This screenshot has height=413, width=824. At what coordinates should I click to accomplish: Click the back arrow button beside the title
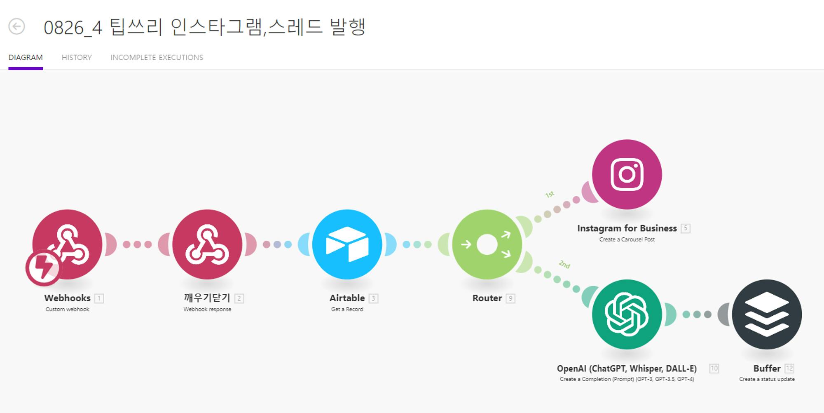point(17,27)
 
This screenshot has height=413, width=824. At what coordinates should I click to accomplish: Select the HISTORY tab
point(77,58)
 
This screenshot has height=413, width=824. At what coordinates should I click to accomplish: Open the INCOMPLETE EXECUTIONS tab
point(157,58)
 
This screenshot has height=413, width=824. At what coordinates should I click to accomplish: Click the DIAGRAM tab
point(26,58)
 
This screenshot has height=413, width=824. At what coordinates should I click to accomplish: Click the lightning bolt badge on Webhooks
point(43,268)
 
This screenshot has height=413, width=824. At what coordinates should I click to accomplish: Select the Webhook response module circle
point(207,244)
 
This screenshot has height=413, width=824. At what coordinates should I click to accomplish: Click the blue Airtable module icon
point(347,244)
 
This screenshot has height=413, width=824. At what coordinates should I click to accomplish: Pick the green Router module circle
point(487,244)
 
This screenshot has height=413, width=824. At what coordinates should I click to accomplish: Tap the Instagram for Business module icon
point(627,174)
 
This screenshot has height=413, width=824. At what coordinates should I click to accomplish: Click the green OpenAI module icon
point(627,314)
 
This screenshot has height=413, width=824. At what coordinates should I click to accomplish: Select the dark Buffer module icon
point(767,314)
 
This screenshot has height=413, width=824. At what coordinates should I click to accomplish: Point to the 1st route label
point(550,194)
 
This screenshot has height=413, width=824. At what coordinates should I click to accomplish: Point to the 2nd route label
point(564,264)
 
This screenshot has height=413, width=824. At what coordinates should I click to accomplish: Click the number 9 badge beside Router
point(510,298)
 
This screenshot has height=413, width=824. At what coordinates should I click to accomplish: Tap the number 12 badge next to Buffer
point(789,368)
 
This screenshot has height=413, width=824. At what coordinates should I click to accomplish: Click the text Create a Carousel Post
point(627,239)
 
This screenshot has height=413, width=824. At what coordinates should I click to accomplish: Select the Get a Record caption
point(347,310)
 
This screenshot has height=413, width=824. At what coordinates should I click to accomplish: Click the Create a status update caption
point(767,379)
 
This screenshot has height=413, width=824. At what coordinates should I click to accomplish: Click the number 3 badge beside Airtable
point(373,298)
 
